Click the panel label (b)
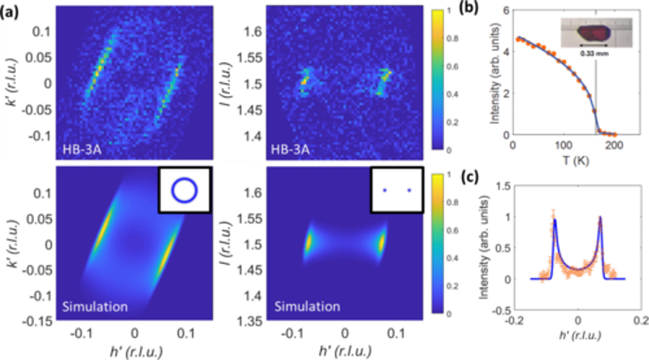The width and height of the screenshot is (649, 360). point(489,10)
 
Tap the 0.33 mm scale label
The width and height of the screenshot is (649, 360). point(594,63)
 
